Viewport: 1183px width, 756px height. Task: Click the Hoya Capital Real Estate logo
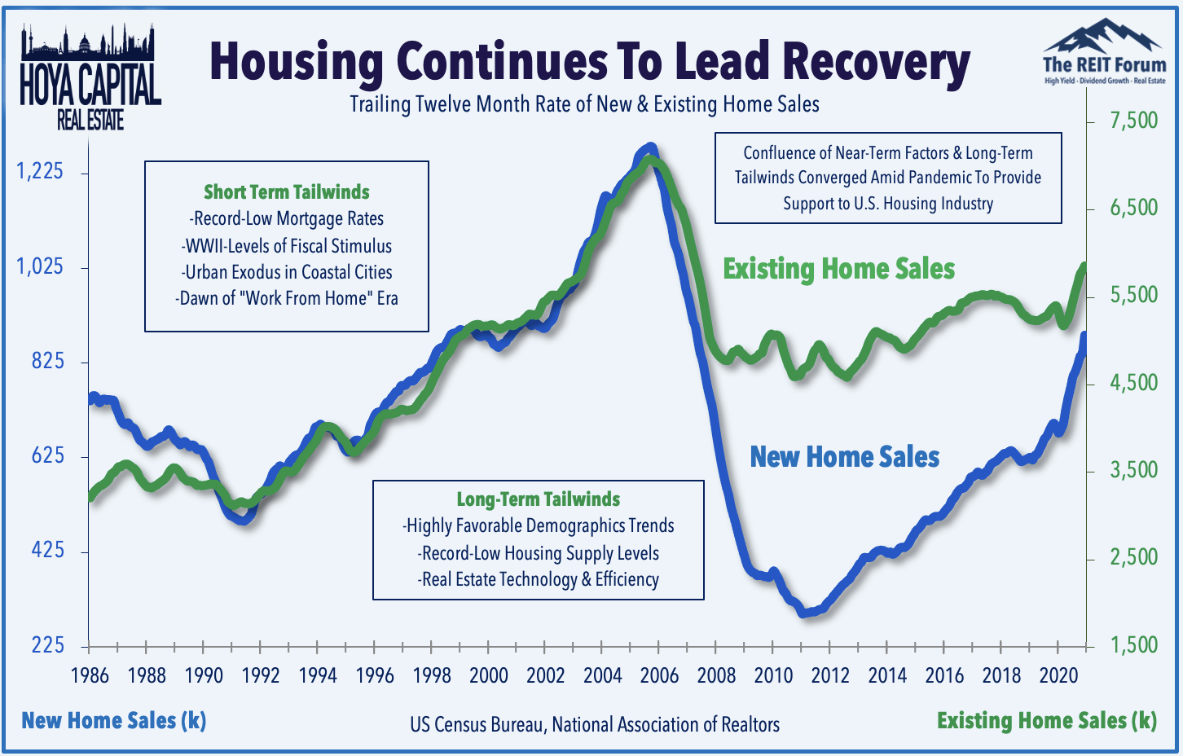coord(90,77)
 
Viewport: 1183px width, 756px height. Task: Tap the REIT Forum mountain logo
coord(1104,51)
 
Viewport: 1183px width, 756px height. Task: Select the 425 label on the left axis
coord(47,551)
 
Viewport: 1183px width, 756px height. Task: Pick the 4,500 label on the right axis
coord(1133,383)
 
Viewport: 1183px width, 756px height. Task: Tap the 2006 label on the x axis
coord(659,675)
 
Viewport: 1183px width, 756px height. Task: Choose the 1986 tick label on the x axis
coord(90,675)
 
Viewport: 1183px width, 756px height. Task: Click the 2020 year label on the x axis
coord(1058,675)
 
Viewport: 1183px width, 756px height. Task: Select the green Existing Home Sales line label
coord(838,270)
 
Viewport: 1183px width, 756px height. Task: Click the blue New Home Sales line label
coord(844,457)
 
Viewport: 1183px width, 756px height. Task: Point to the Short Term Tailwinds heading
coord(287,192)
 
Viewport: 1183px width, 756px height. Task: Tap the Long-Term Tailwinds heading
coord(539,499)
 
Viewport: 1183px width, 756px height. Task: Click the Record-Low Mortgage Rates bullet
coord(287,218)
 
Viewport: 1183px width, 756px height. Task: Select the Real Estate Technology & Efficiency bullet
coord(539,580)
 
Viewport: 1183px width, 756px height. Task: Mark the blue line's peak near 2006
coord(650,147)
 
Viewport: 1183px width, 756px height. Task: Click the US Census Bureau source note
coord(595,725)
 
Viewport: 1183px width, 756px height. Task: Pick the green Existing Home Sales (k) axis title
coord(1047,721)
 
